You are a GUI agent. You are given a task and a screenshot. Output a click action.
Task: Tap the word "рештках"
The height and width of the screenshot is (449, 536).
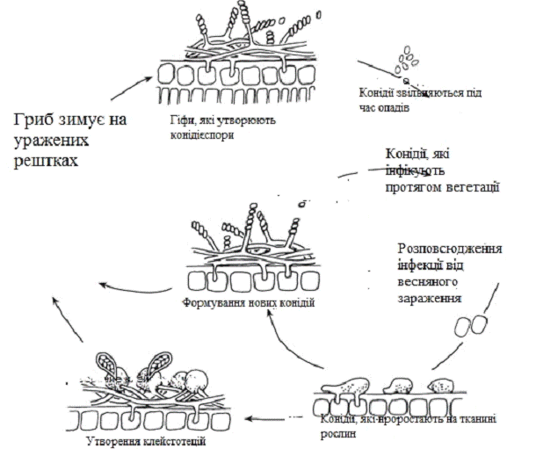click(43, 163)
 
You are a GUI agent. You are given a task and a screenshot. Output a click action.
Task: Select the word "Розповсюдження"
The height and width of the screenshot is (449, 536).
click(450, 249)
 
